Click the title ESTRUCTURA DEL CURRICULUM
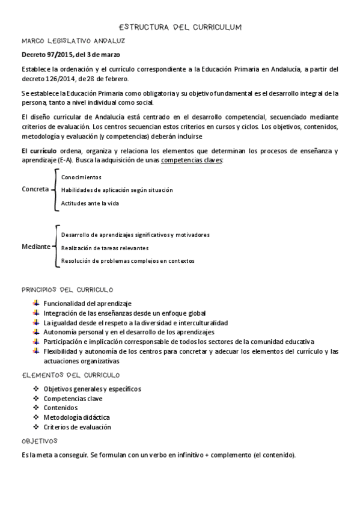pyautogui.click(x=180, y=27)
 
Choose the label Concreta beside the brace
pyautogui.click(x=35, y=189)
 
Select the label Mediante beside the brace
pyautogui.click(x=35, y=247)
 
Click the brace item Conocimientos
pyautogui.click(x=81, y=177)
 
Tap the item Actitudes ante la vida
pyautogui.click(x=90, y=203)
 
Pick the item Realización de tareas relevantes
pyautogui.click(x=105, y=248)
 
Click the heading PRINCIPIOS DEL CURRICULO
pyautogui.click(x=67, y=290)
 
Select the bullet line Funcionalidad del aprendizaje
pyautogui.click(x=87, y=304)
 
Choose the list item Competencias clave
pyautogui.click(x=73, y=398)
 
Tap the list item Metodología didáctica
pyautogui.click(x=76, y=417)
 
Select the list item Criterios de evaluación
pyautogui.click(x=77, y=426)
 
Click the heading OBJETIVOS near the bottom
pyautogui.click(x=38, y=441)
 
